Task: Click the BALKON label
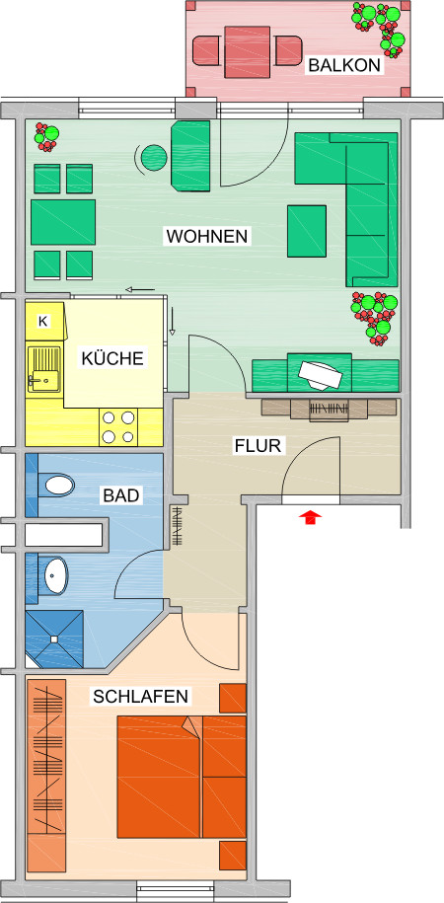(344, 65)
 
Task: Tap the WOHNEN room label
(207, 236)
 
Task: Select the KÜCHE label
(111, 358)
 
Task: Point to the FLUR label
(258, 446)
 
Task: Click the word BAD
(121, 495)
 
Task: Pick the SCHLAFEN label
(140, 697)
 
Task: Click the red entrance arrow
(311, 517)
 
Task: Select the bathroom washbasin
(56, 575)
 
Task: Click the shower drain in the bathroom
(54, 639)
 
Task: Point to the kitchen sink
(43, 368)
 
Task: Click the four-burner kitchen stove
(119, 427)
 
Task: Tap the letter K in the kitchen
(43, 322)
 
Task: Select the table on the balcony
(247, 52)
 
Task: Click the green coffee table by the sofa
(307, 231)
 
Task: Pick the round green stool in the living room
(154, 157)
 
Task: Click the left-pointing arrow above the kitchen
(140, 289)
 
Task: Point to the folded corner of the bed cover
(192, 725)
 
